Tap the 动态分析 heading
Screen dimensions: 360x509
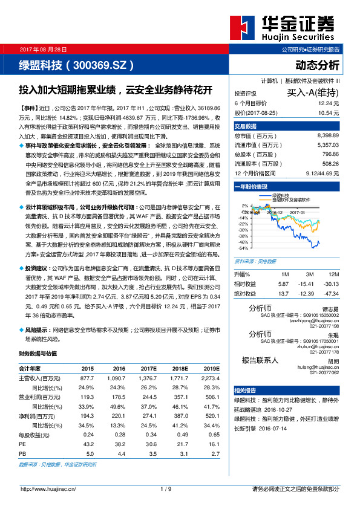(317, 65)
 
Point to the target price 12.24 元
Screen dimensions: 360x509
(327, 104)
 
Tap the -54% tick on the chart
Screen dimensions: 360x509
(243, 248)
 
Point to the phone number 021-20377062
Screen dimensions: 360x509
(326, 374)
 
